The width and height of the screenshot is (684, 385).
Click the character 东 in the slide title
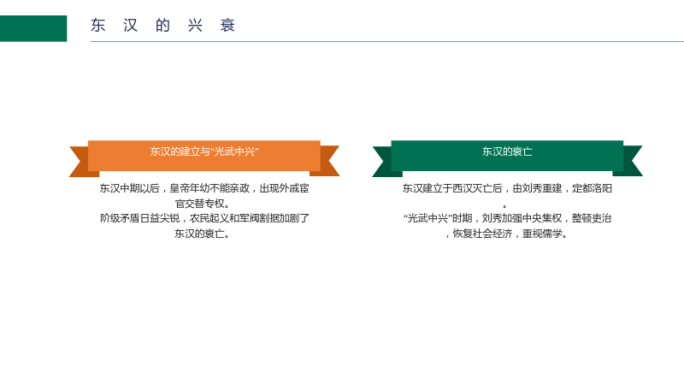point(98,26)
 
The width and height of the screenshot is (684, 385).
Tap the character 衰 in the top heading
point(227,26)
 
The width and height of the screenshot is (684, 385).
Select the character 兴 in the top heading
point(195,26)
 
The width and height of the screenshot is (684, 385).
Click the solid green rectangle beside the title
point(33,28)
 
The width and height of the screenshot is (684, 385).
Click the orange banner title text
point(204,151)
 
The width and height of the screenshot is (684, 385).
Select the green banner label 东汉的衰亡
point(507,151)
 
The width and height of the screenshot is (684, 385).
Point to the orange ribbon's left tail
point(83,161)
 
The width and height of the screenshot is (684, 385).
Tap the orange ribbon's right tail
point(326,161)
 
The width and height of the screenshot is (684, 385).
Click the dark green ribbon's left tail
point(386,161)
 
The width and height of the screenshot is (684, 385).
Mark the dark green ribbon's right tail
point(628,161)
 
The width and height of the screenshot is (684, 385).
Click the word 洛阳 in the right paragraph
point(602,188)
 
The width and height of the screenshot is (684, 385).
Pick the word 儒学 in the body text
point(552,234)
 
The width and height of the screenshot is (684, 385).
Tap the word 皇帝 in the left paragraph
point(180,188)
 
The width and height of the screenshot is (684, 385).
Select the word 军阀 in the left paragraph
point(250,218)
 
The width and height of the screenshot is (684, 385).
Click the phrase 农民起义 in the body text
point(209,218)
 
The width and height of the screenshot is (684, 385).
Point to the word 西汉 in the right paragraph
point(463,188)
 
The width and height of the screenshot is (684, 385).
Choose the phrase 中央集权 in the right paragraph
point(542,218)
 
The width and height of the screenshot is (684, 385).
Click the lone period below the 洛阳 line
point(504,205)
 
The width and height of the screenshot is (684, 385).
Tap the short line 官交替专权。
point(203,204)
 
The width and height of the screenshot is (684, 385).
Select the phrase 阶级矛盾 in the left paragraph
point(120,218)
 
